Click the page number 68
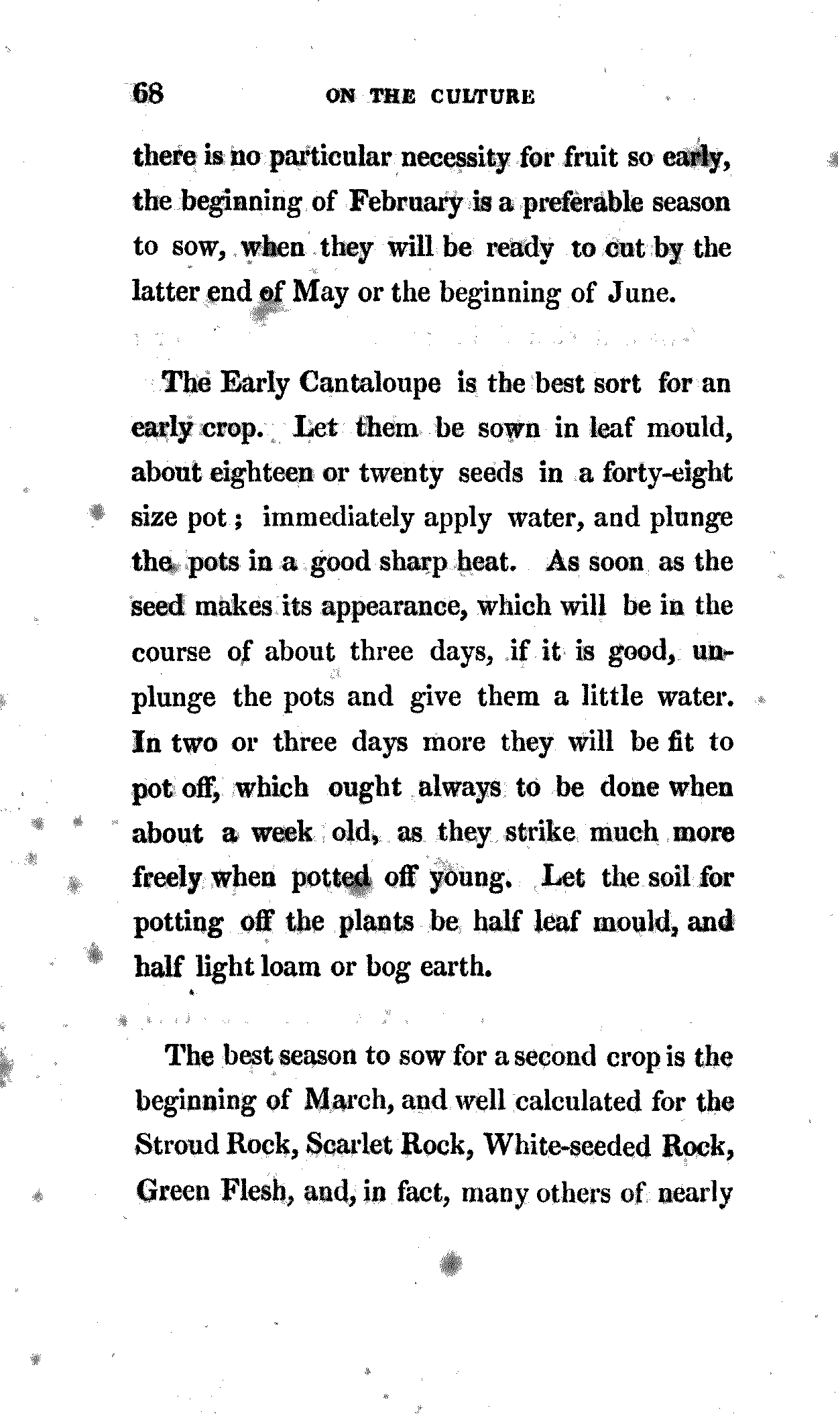click(148, 93)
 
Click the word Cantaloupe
click(370, 383)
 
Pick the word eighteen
click(263, 473)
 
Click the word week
click(281, 832)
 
